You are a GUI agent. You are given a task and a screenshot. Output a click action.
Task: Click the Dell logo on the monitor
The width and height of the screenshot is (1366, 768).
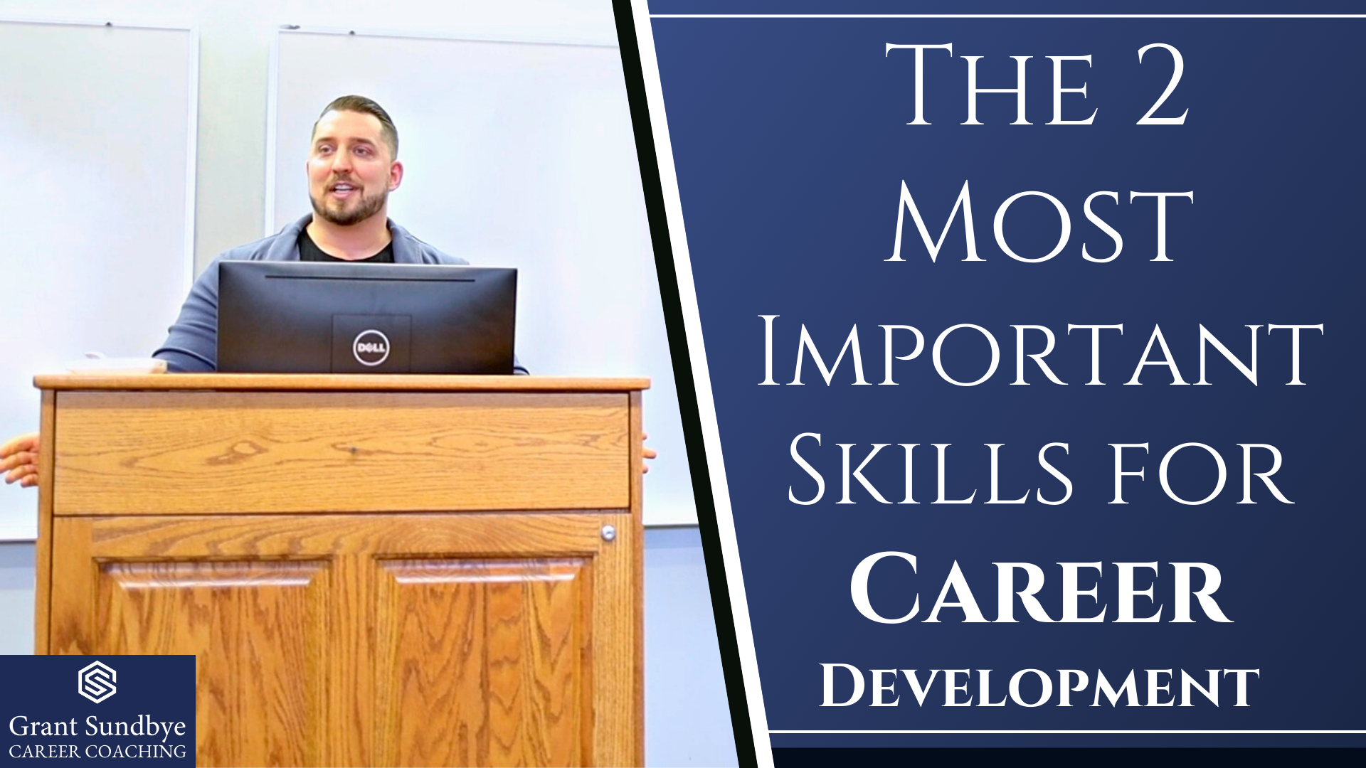pyautogui.click(x=371, y=348)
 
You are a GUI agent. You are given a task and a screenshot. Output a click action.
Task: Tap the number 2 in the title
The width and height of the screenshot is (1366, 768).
pyautogui.click(x=1161, y=85)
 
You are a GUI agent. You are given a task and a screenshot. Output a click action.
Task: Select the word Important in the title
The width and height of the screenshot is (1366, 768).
pyautogui.click(x=1039, y=353)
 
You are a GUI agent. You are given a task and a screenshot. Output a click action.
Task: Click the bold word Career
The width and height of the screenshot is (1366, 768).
pyautogui.click(x=1040, y=589)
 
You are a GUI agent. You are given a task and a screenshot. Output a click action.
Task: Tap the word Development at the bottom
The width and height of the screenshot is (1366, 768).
pyautogui.click(x=1039, y=686)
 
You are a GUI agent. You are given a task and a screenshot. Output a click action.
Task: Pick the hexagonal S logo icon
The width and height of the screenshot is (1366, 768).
pyautogui.click(x=97, y=682)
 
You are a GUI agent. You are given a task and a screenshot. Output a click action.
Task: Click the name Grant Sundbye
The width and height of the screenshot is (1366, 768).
pyautogui.click(x=97, y=727)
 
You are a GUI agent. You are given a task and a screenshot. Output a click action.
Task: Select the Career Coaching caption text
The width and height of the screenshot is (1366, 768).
pyautogui.click(x=97, y=752)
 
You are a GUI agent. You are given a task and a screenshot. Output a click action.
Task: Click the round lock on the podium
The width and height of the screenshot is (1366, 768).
pyautogui.click(x=608, y=532)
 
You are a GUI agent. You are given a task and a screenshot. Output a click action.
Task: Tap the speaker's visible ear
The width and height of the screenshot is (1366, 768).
pyautogui.click(x=395, y=175)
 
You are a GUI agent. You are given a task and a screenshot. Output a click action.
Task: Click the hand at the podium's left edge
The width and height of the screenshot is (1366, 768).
pyautogui.click(x=19, y=460)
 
